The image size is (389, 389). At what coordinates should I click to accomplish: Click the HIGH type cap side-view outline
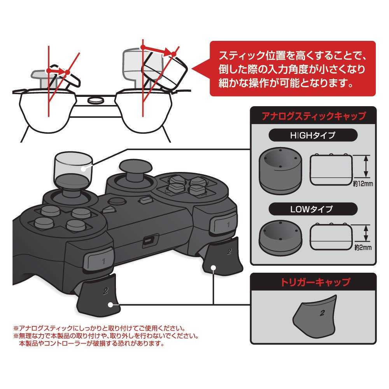(x=331, y=170)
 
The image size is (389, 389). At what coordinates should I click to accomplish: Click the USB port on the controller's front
(x=149, y=240)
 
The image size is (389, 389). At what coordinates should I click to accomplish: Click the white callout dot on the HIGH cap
(x=83, y=168)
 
